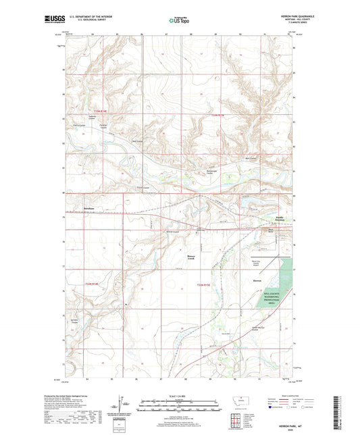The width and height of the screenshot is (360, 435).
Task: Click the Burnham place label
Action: point(89,208)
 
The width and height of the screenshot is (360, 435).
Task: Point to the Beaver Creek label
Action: point(194,259)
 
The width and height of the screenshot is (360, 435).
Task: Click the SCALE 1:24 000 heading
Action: point(179,396)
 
